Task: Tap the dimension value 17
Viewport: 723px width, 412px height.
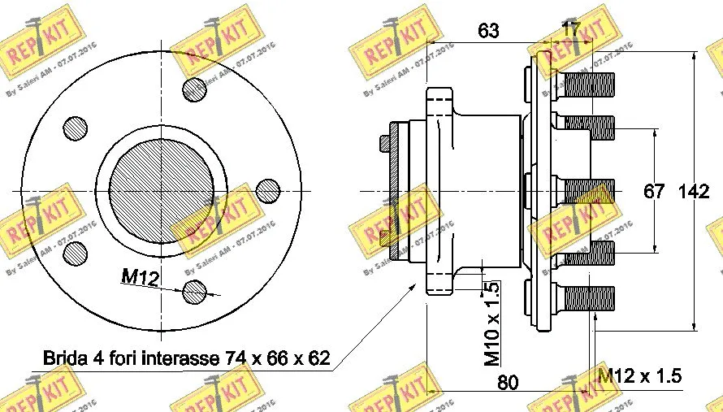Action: [571, 29]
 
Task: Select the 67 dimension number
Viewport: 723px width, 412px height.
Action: [655, 192]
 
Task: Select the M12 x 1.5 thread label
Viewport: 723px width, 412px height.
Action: [639, 376]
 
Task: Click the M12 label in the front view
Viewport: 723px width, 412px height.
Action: [138, 277]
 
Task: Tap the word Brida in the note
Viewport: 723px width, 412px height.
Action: [63, 358]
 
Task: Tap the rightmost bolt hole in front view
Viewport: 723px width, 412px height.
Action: [267, 190]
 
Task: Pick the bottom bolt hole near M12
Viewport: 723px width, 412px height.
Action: [195, 290]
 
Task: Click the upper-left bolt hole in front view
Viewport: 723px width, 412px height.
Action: [76, 128]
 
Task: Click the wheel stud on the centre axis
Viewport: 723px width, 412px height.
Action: [585, 190]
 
